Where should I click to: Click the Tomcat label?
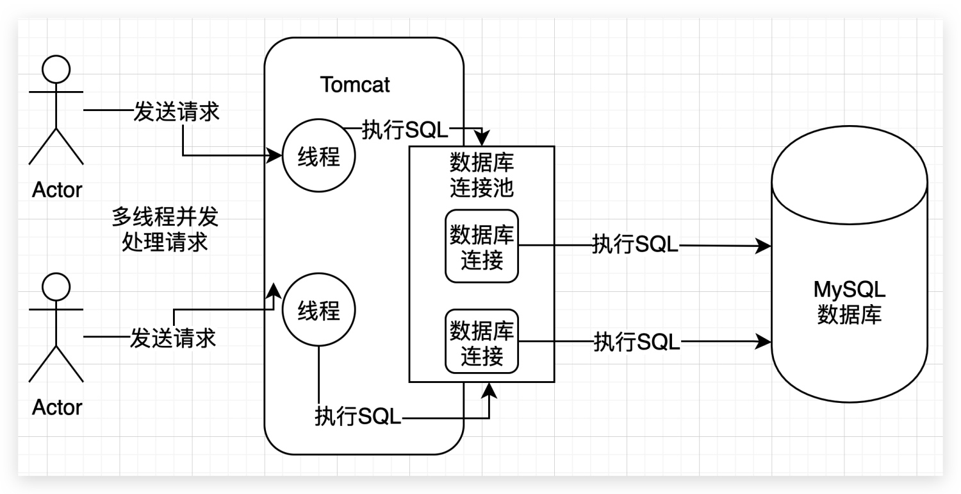coord(355,85)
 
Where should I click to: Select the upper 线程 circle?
coord(318,156)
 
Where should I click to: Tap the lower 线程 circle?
coord(318,311)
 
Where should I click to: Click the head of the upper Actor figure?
coord(56,69)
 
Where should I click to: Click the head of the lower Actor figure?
coord(56,287)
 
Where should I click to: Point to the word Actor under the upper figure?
coord(57,190)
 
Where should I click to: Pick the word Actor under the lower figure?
coord(57,407)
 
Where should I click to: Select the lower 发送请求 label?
coord(173,337)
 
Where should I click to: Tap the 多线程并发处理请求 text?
coord(165,230)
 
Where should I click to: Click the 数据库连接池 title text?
coord(482,175)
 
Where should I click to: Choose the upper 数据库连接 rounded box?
coord(482,246)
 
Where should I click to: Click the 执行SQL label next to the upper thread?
coord(405,130)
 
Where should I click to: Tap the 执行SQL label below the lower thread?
coord(357,418)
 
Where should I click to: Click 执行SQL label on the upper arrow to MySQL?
coord(635,244)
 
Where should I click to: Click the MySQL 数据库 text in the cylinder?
coord(850,302)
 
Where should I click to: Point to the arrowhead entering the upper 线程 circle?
coord(277,155)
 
